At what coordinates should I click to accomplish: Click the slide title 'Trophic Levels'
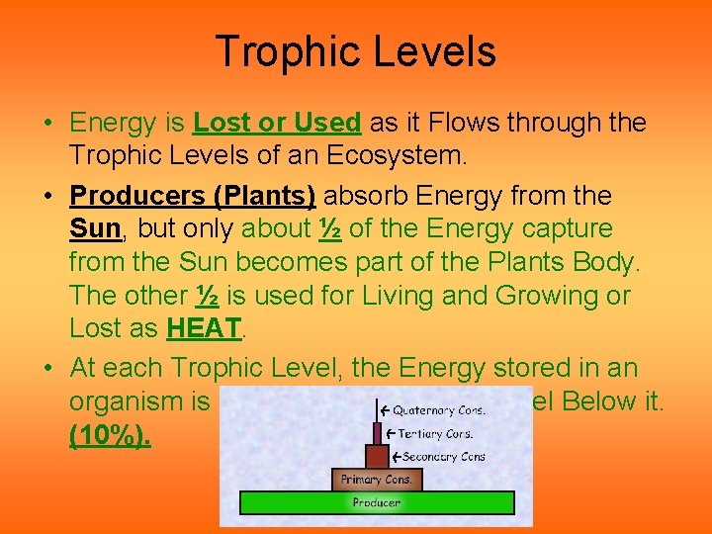click(355, 51)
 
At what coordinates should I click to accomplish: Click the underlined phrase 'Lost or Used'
click(277, 123)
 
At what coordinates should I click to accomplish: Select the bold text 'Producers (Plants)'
click(192, 196)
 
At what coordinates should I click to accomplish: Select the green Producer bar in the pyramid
click(376, 502)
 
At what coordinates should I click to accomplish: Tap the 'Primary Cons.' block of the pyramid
click(376, 480)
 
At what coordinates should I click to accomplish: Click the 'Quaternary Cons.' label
click(435, 409)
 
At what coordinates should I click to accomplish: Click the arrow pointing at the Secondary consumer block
click(395, 456)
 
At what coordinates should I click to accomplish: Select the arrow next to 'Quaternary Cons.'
click(382, 409)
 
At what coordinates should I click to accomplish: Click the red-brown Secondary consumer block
click(376, 456)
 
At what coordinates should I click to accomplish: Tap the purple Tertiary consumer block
click(376, 433)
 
